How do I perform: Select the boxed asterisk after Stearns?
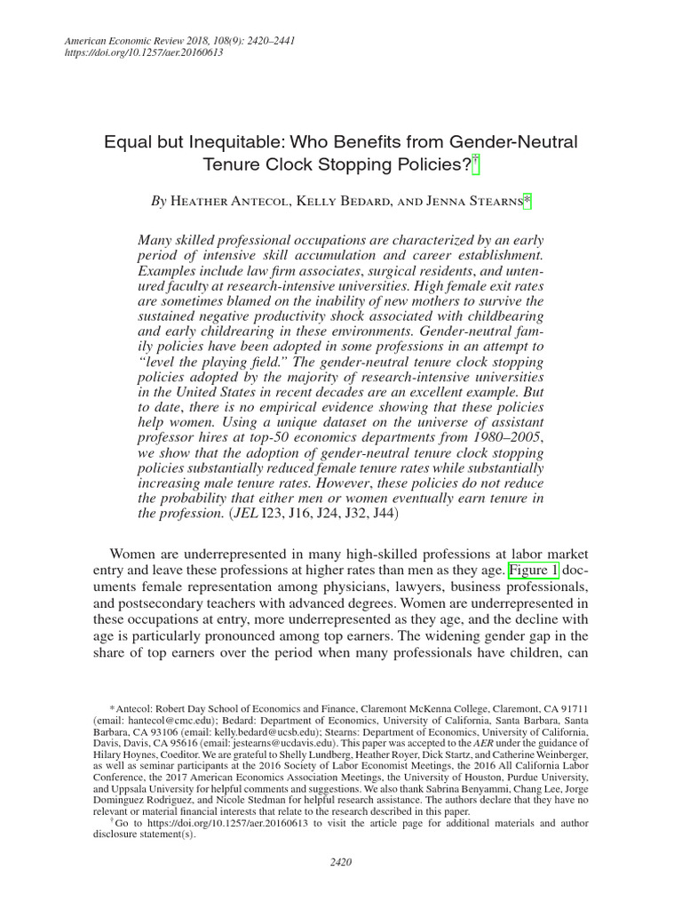click(x=527, y=202)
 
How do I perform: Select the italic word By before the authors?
click(x=158, y=202)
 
